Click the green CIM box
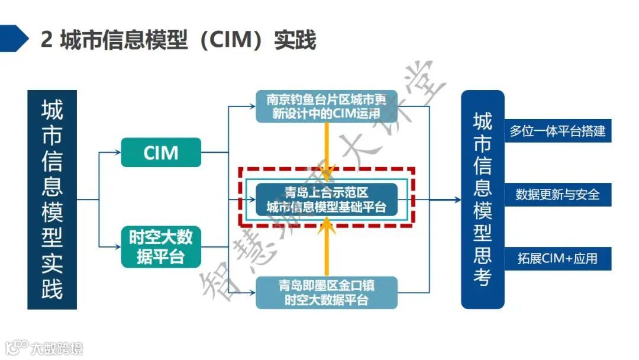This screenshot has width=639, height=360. click(161, 152)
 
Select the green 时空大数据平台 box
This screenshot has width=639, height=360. click(161, 246)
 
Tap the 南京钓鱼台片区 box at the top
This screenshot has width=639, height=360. click(326, 106)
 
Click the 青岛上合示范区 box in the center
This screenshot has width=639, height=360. click(326, 199)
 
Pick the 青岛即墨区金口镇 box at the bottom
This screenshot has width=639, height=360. click(326, 292)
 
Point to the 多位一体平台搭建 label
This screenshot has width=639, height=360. click(557, 131)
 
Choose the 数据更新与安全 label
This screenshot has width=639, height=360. click(557, 194)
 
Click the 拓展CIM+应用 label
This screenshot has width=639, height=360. click(557, 259)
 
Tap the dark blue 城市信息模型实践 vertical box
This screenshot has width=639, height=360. click(52, 200)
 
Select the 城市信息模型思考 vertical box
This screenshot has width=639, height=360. click(483, 200)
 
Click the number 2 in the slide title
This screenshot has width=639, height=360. click(47, 40)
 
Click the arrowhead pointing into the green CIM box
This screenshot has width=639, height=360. click(118, 152)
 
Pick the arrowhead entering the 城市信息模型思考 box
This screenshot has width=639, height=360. click(457, 200)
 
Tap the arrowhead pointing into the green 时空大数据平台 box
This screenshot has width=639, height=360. click(118, 246)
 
